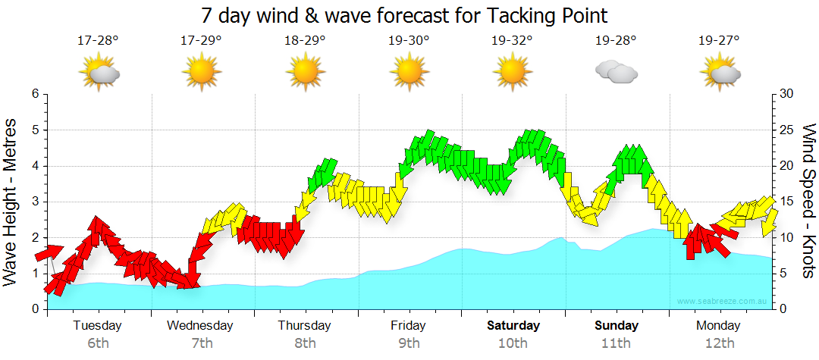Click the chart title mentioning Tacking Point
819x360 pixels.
coord(405,15)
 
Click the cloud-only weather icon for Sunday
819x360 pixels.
coord(616,72)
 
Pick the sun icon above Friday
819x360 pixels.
coord(409,72)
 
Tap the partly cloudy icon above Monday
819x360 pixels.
coord(720,72)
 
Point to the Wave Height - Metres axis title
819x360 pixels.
coord(11,202)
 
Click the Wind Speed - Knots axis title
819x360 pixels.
coord(808,202)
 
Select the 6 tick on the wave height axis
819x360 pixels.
coord(35,94)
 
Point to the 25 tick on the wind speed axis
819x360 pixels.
coord(787,130)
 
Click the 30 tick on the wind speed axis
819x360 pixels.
coord(787,94)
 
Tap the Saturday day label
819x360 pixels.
coord(513,326)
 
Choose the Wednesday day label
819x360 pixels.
coord(200,326)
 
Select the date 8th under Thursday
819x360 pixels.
coord(305,343)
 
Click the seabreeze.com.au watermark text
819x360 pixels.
coord(723,302)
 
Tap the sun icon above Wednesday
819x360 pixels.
coord(202,72)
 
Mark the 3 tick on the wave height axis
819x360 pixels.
coord(35,202)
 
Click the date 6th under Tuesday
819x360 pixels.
coord(98,343)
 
